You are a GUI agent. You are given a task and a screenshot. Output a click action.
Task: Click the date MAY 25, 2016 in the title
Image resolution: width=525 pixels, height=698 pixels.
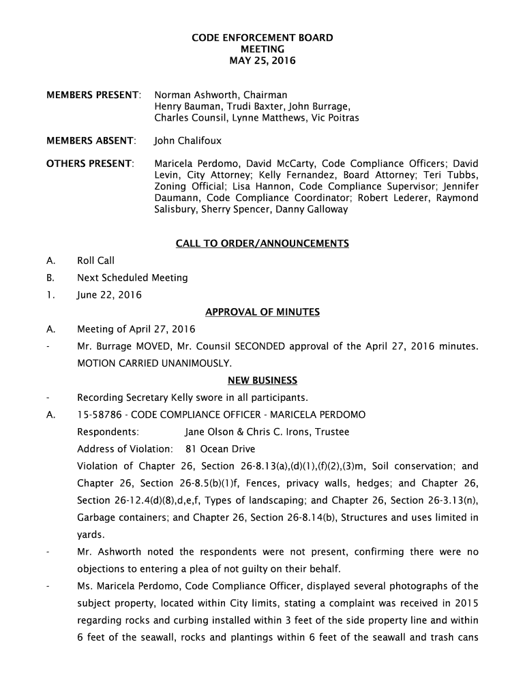point(262,61)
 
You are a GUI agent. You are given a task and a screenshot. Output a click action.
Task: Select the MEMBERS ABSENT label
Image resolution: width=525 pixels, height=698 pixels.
point(91,141)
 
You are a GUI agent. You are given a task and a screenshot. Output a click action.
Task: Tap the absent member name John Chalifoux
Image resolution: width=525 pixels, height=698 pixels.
point(187,141)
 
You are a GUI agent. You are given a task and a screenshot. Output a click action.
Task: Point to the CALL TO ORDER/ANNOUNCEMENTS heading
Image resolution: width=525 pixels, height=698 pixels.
point(262,243)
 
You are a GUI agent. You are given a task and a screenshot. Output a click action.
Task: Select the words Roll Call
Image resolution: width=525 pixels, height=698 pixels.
point(95,260)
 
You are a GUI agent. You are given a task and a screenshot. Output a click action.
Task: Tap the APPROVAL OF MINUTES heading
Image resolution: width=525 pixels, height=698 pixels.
point(262,312)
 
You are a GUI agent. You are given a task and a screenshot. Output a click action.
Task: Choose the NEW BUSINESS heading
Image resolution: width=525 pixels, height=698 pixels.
point(262,380)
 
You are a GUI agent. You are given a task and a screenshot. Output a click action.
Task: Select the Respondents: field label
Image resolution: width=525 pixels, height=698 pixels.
point(108,431)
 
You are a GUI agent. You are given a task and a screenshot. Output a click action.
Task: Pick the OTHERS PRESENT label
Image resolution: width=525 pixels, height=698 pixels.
point(90,164)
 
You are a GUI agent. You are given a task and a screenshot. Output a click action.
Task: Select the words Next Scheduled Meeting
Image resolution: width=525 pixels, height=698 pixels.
point(132,277)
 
